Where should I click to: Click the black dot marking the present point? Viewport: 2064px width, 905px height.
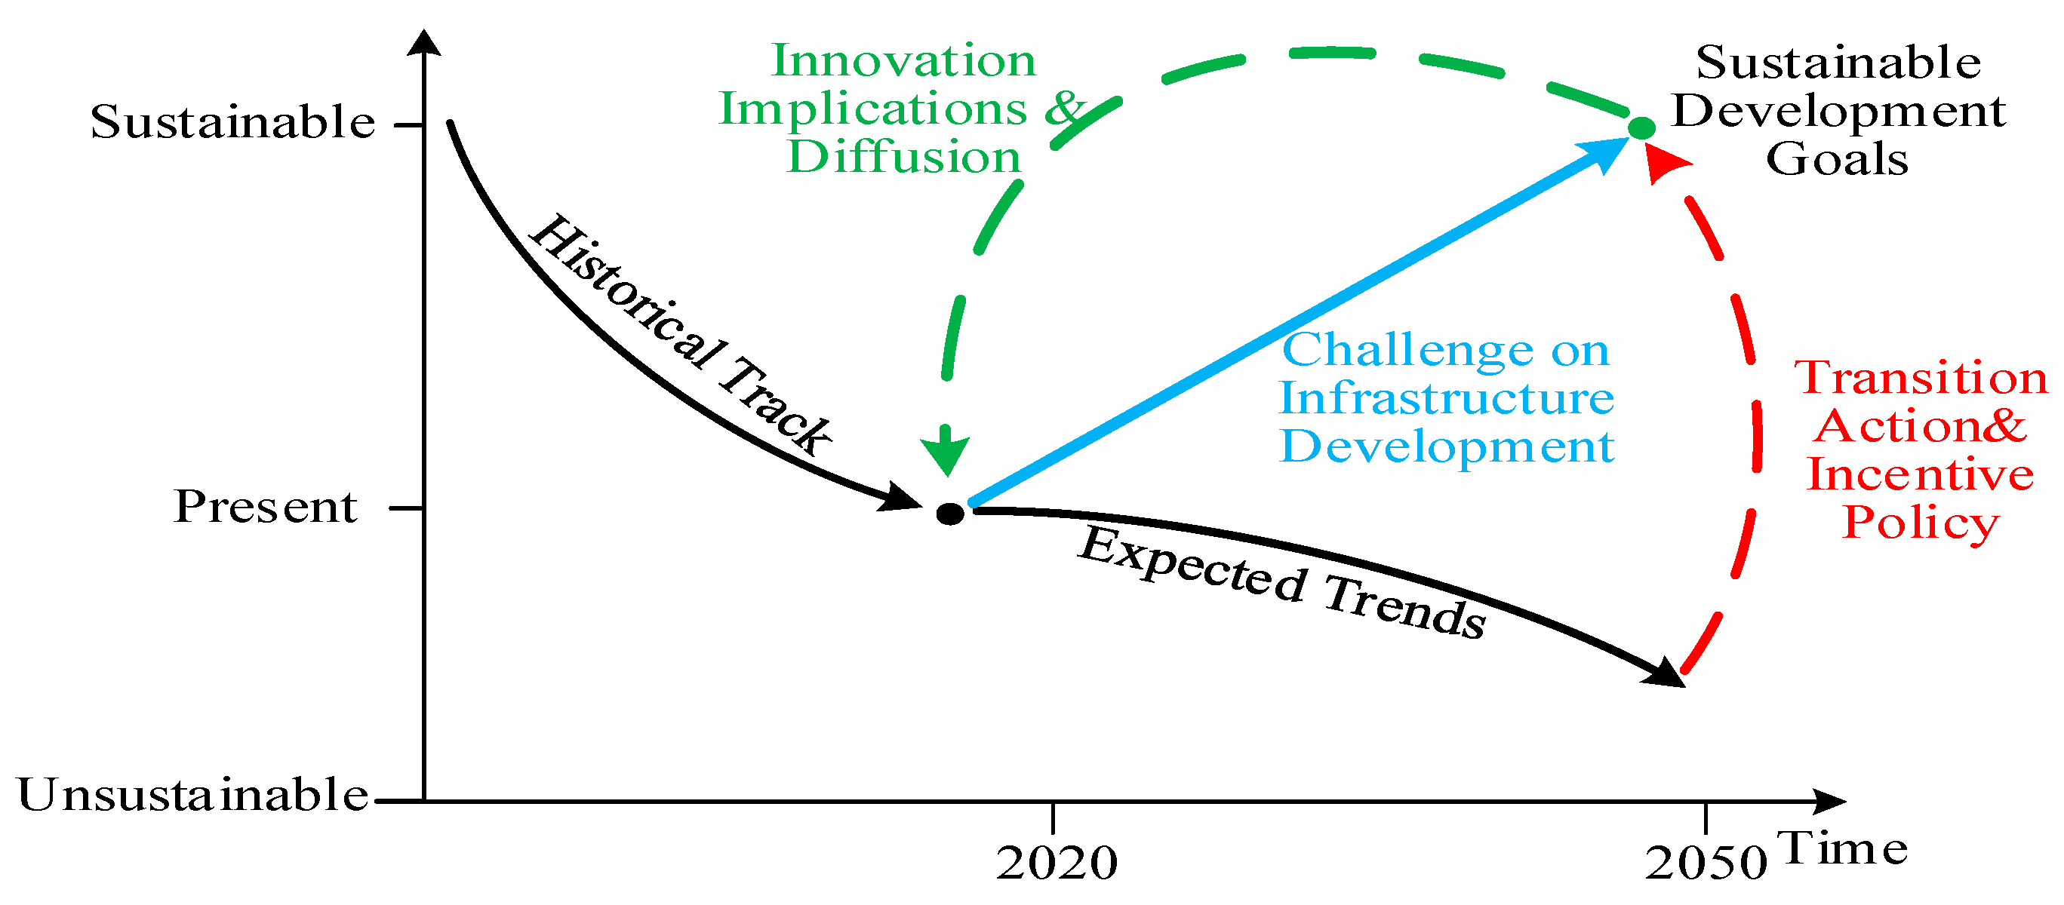click(x=950, y=514)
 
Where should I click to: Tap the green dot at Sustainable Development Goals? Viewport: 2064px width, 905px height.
click(x=1641, y=127)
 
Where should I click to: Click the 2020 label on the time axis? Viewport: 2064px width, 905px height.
click(x=1056, y=864)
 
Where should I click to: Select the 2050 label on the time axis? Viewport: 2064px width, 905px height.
click(x=1706, y=864)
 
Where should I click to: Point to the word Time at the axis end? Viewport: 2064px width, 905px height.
click(x=1842, y=849)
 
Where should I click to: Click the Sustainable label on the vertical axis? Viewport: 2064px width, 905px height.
click(x=232, y=122)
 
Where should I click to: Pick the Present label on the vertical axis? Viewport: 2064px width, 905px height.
click(x=265, y=507)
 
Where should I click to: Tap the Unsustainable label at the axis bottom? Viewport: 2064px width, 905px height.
click(x=192, y=796)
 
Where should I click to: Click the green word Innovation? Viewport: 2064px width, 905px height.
click(x=904, y=61)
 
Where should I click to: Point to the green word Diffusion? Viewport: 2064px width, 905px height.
click(x=904, y=157)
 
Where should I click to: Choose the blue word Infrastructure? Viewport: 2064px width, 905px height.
click(x=1446, y=398)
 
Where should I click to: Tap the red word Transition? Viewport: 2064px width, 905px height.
click(x=1921, y=378)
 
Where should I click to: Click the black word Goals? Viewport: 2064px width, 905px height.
click(x=1838, y=159)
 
